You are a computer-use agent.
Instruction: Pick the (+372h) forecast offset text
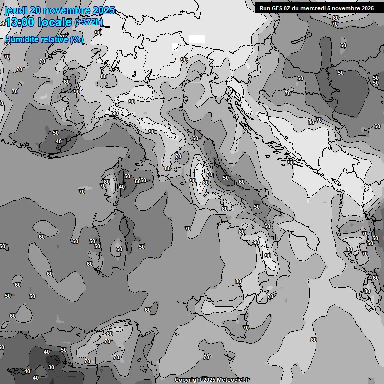(89, 22)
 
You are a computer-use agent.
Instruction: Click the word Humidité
(23, 39)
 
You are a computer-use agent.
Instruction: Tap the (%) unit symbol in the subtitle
(76, 39)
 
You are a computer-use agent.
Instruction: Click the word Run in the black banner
(266, 8)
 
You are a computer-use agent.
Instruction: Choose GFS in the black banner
(278, 8)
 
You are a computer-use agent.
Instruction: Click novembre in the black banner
(348, 8)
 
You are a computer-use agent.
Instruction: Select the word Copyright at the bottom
(188, 380)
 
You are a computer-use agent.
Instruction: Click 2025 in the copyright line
(209, 380)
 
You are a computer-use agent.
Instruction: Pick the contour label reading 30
(51, 367)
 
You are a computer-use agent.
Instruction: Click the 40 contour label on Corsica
(121, 187)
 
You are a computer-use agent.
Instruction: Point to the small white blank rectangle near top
(196, 39)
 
